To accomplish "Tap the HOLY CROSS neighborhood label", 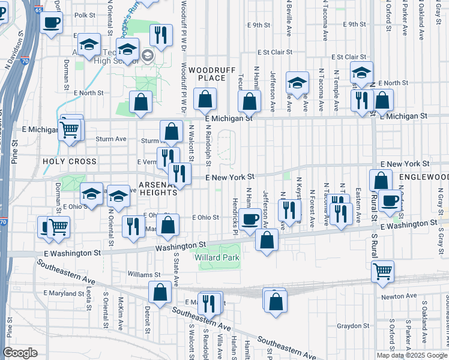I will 70,161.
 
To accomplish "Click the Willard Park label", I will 217,257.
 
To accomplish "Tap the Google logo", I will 20,353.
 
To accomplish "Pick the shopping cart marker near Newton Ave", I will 382,272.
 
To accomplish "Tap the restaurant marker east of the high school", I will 160,35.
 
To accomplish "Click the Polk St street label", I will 86,15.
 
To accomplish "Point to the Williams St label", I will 140,274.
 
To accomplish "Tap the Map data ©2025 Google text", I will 411,355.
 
